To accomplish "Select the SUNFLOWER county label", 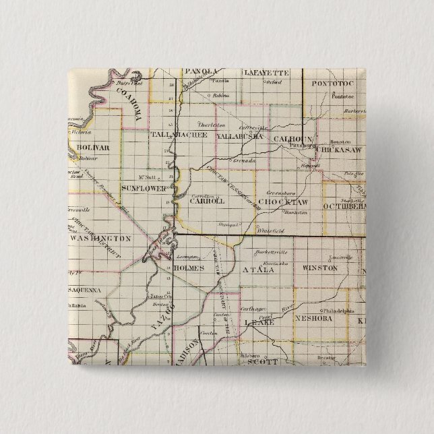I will [144, 187].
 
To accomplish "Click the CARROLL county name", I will [207, 200].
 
